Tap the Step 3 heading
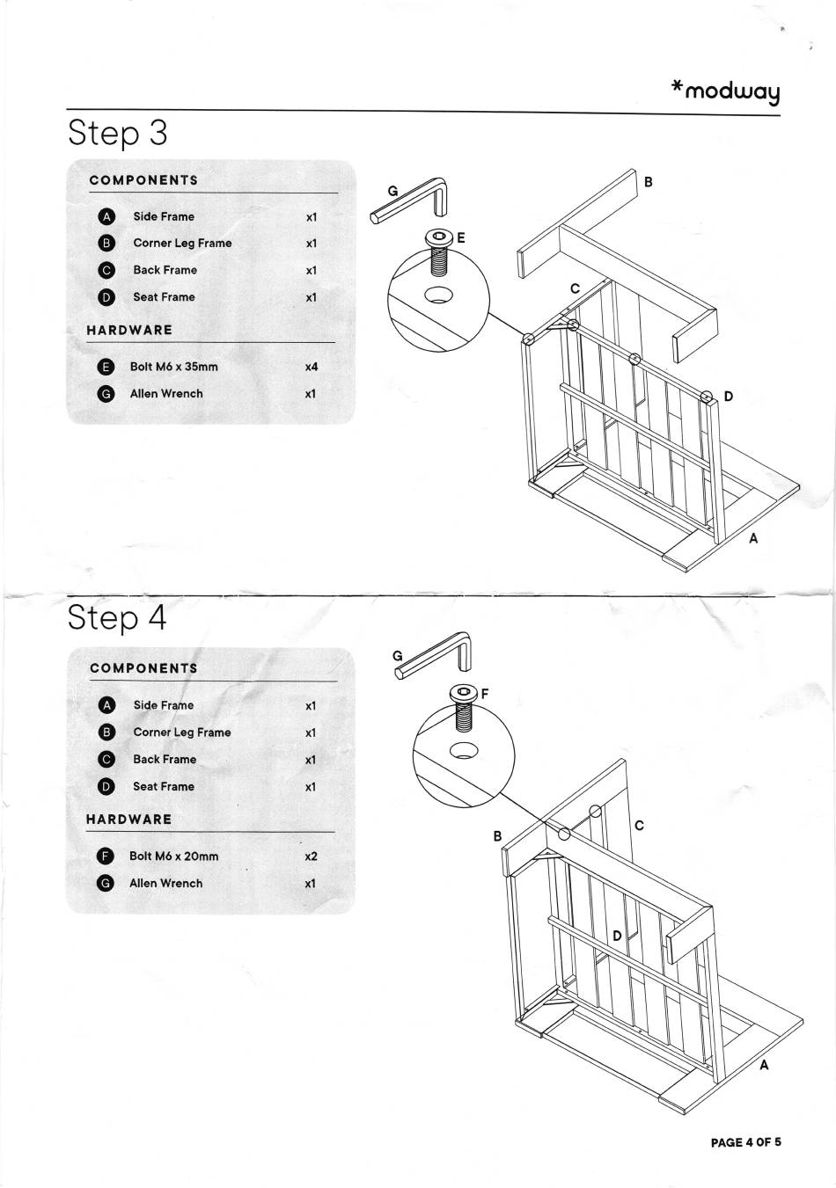(117, 133)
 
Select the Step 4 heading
(117, 618)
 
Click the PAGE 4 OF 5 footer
(745, 1142)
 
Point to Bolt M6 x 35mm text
(173, 367)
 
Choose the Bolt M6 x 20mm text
(173, 856)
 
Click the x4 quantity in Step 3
(311, 367)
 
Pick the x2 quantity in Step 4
(310, 856)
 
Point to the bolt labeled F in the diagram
(463, 705)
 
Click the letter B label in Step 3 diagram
(649, 182)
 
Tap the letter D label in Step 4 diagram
(618, 936)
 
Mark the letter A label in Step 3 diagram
(753, 539)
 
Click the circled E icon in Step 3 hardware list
(106, 367)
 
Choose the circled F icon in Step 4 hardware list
(106, 856)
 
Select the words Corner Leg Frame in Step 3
(182, 243)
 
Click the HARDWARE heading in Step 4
(128, 819)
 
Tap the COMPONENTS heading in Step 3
(143, 180)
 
